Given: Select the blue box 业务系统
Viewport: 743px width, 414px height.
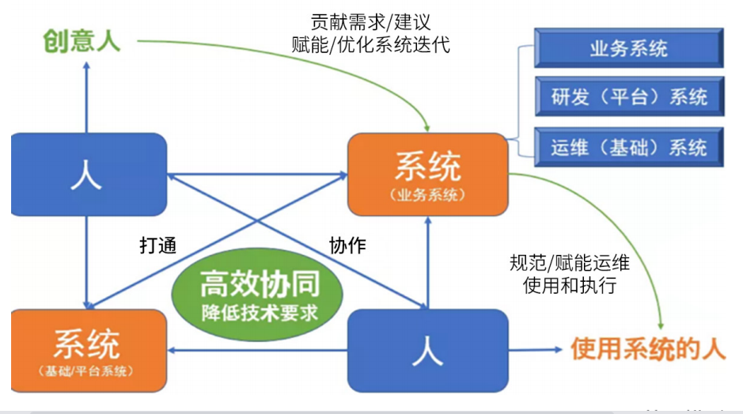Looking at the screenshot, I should pos(629,48).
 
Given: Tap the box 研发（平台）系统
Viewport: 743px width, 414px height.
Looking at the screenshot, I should pos(629,97).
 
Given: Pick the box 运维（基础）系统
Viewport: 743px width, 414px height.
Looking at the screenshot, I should pos(629,146).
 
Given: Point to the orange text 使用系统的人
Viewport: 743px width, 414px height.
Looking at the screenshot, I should pos(648,349).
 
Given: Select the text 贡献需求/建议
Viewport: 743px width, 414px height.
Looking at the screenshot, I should pos(371,21).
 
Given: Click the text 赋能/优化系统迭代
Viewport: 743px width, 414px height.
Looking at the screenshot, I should pos(371,44).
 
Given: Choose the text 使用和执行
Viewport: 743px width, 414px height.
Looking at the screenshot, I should pos(570,285).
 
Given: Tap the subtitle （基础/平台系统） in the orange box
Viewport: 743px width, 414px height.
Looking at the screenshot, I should pos(86,370).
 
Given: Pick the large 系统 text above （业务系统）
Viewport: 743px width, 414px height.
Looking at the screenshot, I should pos(427,168).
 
